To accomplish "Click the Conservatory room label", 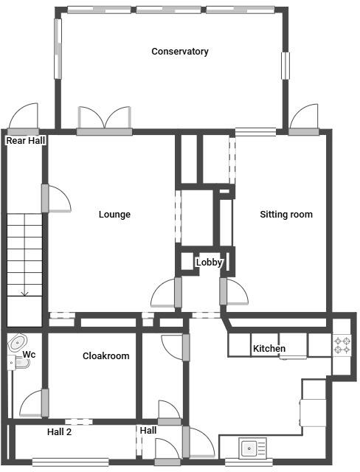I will pyautogui.click(x=179, y=52).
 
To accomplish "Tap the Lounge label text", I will pyautogui.click(x=114, y=215).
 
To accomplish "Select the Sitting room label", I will pyautogui.click(x=286, y=215).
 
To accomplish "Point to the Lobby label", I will pyautogui.click(x=209, y=262).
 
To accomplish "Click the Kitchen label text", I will pyautogui.click(x=269, y=348).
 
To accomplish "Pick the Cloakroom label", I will pyautogui.click(x=105, y=355).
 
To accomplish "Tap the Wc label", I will pyautogui.click(x=29, y=355).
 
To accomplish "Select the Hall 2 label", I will pyautogui.click(x=59, y=432).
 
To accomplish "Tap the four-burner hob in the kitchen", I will pyautogui.click(x=342, y=344).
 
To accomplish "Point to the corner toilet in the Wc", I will pyautogui.click(x=16, y=343).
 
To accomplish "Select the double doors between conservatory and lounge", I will pyautogui.click(x=105, y=121).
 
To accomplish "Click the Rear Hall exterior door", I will pyautogui.click(x=23, y=118).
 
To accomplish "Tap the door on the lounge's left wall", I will pyautogui.click(x=55, y=198).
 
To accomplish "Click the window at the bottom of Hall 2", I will pyautogui.click(x=70, y=462).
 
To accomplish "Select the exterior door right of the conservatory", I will pyautogui.click(x=304, y=120).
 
